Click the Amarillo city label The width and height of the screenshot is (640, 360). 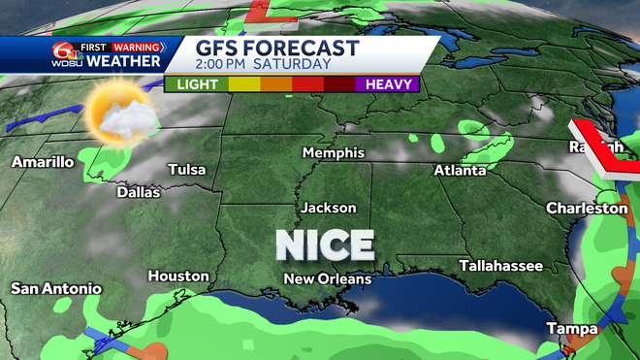pos(43,162)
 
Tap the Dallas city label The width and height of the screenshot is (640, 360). pos(138,192)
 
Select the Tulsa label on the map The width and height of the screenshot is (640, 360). pos(187,170)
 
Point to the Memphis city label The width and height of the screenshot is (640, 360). pos(333,153)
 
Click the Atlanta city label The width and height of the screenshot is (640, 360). pos(460,171)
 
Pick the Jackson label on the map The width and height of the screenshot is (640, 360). pos(328,208)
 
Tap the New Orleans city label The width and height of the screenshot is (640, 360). pos(327,279)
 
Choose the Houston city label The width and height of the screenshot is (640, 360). pos(178,277)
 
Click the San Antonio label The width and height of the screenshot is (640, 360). pos(56,288)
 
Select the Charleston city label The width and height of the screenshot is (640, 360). pos(587,208)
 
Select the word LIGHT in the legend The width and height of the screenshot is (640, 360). pos(198,84)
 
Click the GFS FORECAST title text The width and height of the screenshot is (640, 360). pos(277,49)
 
